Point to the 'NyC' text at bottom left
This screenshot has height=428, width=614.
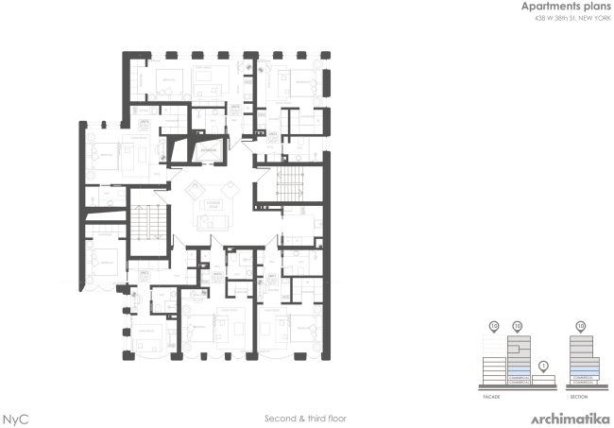coord(14,417)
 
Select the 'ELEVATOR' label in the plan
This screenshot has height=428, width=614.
coord(209,148)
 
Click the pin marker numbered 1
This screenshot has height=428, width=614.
coord(542,366)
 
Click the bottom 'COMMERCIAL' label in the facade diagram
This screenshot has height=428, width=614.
coord(518,381)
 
